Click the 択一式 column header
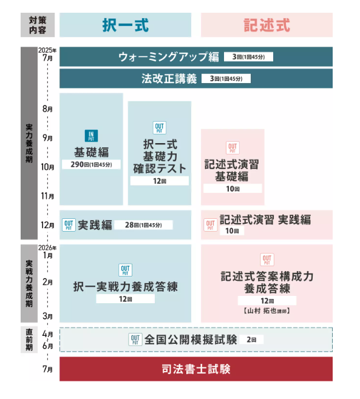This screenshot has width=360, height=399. pos(125,25)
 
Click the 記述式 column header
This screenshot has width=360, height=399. pos(267,25)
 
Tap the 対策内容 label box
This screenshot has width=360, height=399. pos(38,25)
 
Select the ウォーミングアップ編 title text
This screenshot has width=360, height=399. pos(169,57)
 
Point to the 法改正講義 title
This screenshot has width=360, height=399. pos(169,79)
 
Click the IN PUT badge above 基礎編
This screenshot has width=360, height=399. pos(91,136)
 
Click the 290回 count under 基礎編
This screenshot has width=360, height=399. pos(91,165)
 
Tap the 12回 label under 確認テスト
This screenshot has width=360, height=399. pos(160,181)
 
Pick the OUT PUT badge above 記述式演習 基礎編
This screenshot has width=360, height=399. pos(233,148)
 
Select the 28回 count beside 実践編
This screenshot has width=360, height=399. pos(143,225)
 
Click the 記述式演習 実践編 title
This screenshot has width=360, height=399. pos(265,220)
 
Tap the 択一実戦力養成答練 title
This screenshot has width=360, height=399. pos(125,287)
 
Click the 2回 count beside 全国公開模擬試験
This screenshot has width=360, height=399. pos(251,340)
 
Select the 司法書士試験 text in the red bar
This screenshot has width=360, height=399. pos(196,369)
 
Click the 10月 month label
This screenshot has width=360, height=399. pos(47,167)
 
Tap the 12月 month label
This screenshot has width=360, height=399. pos(47,225)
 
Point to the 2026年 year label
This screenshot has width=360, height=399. pos(47,247)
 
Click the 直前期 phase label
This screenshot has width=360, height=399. pos(29,340)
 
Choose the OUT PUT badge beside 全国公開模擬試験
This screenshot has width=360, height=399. pos(135,340)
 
